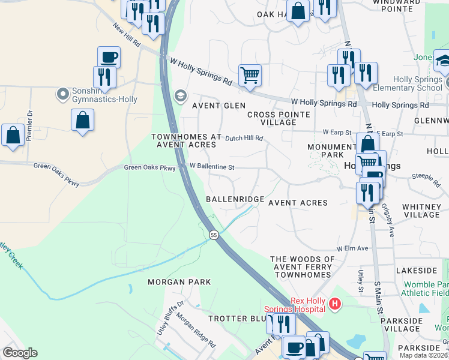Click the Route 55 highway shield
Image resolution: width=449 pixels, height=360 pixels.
[x=213, y=235]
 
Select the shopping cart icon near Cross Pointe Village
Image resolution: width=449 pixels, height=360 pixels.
[x=250, y=75]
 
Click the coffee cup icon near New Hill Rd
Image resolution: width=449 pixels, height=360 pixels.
[x=109, y=58]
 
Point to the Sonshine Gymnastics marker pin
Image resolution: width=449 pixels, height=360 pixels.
[x=62, y=94]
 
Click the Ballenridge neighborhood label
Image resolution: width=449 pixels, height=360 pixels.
[x=235, y=199]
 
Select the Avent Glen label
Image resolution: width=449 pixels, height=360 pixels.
[x=218, y=106]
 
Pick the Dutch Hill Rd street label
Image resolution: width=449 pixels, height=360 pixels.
[x=244, y=138]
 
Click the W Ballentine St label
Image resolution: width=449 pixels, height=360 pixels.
[x=211, y=166]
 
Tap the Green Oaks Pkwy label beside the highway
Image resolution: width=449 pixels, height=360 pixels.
[x=149, y=168]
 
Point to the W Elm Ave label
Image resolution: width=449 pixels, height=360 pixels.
[x=352, y=248]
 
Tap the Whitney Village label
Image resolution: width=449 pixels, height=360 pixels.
[x=422, y=211]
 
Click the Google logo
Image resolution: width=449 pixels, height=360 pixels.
[x=20, y=353]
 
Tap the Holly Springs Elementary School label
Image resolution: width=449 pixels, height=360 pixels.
[x=418, y=84]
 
